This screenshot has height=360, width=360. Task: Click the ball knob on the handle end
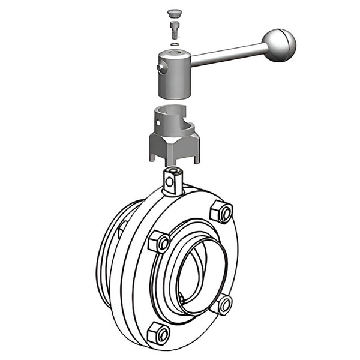(x=279, y=44)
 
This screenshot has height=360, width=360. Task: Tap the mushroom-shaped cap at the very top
(x=174, y=13)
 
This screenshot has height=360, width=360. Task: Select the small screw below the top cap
(x=174, y=28)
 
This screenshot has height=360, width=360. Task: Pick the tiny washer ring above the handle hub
(x=174, y=44)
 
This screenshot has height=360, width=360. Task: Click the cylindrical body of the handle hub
(x=175, y=81)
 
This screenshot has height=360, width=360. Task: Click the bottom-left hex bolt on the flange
(x=158, y=332)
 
